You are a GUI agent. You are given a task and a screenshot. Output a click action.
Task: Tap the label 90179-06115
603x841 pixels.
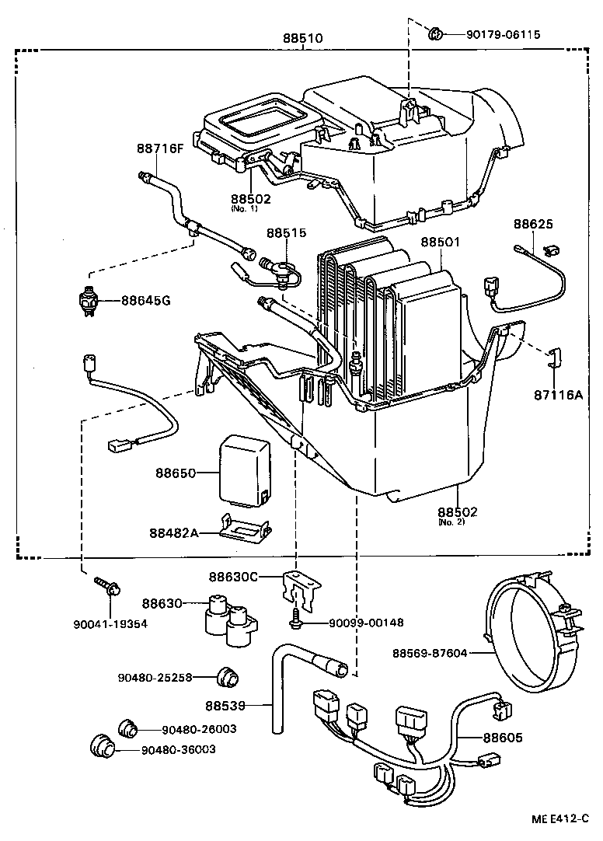(503, 34)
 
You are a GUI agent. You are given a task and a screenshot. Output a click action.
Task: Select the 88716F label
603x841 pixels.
(160, 148)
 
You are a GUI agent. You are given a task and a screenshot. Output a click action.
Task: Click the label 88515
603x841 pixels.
(287, 232)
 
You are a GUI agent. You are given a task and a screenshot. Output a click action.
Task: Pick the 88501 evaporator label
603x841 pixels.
(441, 243)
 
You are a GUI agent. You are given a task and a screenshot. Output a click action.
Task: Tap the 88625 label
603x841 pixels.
(532, 224)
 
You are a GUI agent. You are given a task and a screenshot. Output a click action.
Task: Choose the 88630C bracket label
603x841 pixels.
(232, 577)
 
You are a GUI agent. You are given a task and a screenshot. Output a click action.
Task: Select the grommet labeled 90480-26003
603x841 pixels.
(127, 728)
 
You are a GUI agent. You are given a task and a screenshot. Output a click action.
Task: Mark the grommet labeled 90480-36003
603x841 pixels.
(102, 745)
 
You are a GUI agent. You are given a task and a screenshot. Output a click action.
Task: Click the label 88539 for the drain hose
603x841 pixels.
(225, 706)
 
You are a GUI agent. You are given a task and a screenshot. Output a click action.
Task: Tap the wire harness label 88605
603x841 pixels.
(504, 738)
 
